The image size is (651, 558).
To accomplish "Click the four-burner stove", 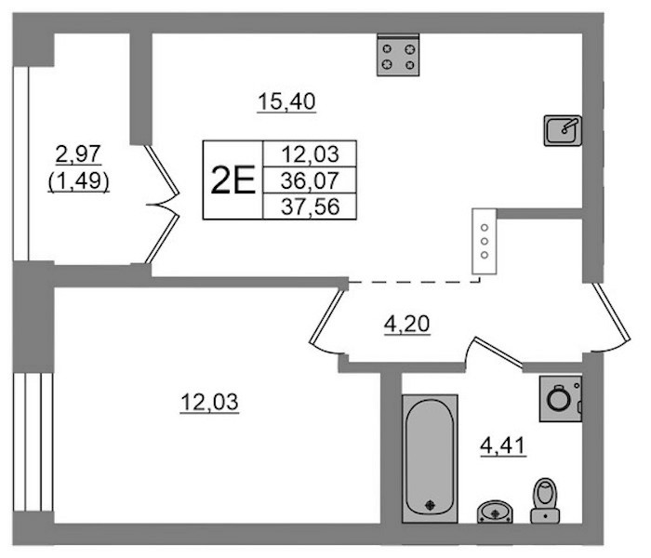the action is tap(398, 56).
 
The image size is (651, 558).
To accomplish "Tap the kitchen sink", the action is tap(563, 130).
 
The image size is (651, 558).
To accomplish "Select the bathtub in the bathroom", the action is tap(430, 458).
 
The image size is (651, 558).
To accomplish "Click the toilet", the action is tap(545, 500).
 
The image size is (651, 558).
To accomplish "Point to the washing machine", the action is tap(561, 399).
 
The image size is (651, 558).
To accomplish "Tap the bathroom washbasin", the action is tap(495, 511).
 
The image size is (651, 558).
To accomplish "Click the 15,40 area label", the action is tap(286, 102).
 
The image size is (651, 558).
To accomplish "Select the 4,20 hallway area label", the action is tap(407, 325).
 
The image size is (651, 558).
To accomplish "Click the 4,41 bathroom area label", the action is tap(503, 446).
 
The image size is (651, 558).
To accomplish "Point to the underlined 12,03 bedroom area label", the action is tap(209, 403).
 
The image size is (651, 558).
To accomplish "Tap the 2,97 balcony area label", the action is tap(78, 154).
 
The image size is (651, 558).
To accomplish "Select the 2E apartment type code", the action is tap(232, 180).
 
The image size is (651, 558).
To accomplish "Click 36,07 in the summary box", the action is tap(310, 180).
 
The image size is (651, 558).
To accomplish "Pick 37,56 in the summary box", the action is tap(310, 206).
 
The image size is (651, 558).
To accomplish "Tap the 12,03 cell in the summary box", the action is tap(310, 154).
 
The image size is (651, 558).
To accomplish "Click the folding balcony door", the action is tap(163, 204).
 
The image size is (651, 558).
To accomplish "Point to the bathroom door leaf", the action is tap(498, 352).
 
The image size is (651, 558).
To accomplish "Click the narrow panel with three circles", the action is tap(485, 241).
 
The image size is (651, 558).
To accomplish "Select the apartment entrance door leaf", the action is tap(612, 312).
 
